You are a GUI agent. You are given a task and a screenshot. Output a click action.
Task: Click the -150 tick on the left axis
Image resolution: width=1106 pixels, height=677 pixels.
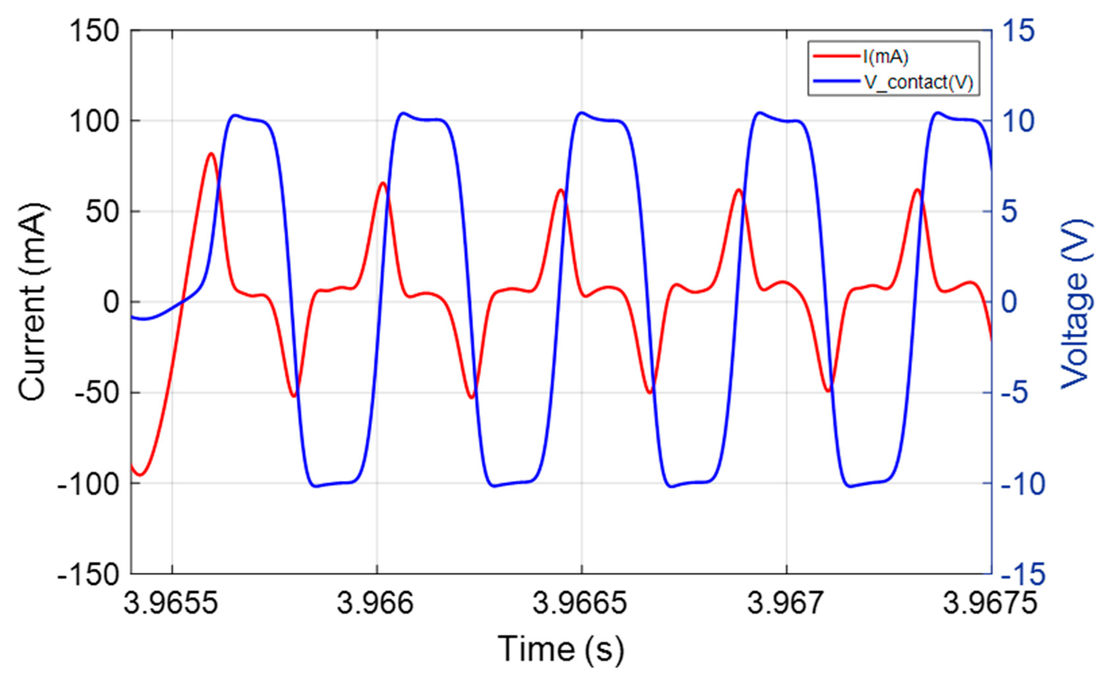click(x=88, y=574)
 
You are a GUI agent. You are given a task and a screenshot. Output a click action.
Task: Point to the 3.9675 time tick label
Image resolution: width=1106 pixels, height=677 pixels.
click(x=990, y=603)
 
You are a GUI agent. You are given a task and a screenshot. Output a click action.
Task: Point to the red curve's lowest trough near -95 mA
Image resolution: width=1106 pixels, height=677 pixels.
click(x=140, y=474)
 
